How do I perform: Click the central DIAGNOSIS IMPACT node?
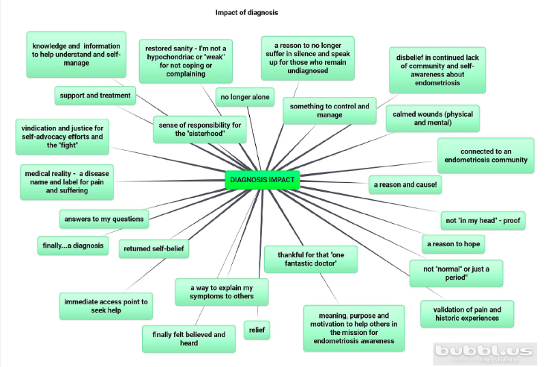point(262,180)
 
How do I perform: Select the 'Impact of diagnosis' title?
point(246,12)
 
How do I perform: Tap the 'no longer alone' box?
point(244,98)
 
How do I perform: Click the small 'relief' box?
point(257,330)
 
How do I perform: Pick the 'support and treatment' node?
point(94,96)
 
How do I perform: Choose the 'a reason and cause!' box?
point(405,184)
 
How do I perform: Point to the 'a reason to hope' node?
point(453,244)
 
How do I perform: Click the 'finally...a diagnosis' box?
point(72,245)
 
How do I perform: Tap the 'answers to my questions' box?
point(104,219)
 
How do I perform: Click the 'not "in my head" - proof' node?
point(483,220)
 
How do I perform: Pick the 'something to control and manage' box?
point(330,111)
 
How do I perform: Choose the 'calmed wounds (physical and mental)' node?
point(432,118)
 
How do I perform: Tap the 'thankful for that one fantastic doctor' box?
point(311,259)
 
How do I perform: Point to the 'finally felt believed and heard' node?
point(188,338)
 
